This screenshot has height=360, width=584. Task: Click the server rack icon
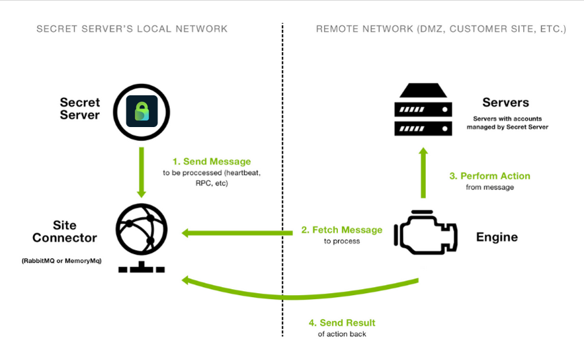click(x=424, y=110)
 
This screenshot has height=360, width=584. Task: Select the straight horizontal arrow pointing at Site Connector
click(x=238, y=232)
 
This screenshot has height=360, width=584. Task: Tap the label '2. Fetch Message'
click(x=342, y=230)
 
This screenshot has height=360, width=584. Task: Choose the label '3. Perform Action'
click(x=490, y=176)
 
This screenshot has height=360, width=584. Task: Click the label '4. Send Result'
click(x=342, y=323)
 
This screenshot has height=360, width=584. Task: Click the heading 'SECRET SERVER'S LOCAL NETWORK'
click(x=132, y=29)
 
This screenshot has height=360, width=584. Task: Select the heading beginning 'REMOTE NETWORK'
click(x=441, y=29)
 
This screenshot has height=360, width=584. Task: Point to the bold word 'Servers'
click(x=506, y=103)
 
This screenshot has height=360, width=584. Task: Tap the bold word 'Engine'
click(x=497, y=237)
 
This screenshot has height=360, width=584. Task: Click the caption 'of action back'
click(x=342, y=334)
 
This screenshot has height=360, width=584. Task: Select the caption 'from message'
click(x=490, y=187)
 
